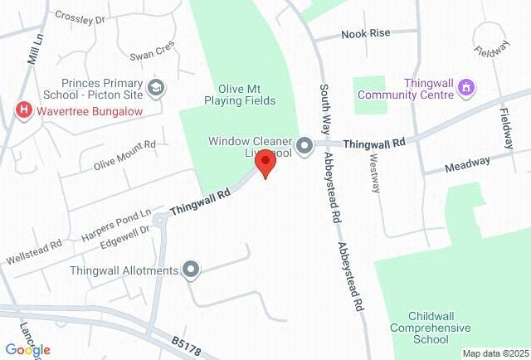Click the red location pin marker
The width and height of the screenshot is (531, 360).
tap(265, 163)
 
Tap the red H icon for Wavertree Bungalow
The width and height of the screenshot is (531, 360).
tap(23, 109)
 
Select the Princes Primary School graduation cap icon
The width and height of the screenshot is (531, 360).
tap(155, 87)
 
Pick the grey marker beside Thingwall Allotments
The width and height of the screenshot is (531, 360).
tap(192, 270)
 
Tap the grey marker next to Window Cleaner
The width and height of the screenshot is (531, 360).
tap(304, 144)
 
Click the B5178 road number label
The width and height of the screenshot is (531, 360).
tap(188, 342)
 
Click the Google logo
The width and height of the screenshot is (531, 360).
tap(27, 350)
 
